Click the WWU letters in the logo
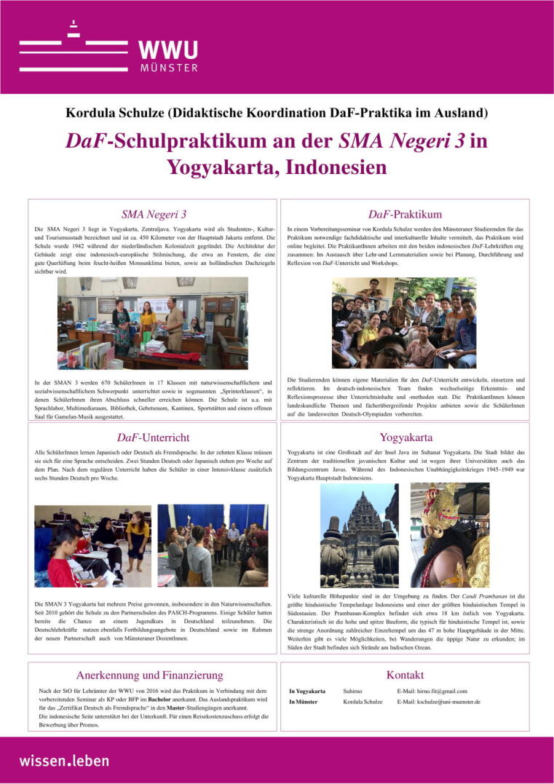[x=167, y=50]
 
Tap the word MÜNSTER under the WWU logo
[x=167, y=68]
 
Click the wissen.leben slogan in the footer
[x=64, y=760]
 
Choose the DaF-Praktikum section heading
[x=405, y=214]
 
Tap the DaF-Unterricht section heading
[x=153, y=437]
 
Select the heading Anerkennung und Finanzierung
[x=150, y=675]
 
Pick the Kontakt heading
[x=405, y=675]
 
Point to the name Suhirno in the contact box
[x=353, y=691]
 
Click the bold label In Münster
[x=303, y=702]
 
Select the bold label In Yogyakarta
[x=307, y=691]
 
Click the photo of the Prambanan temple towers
[x=359, y=525]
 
